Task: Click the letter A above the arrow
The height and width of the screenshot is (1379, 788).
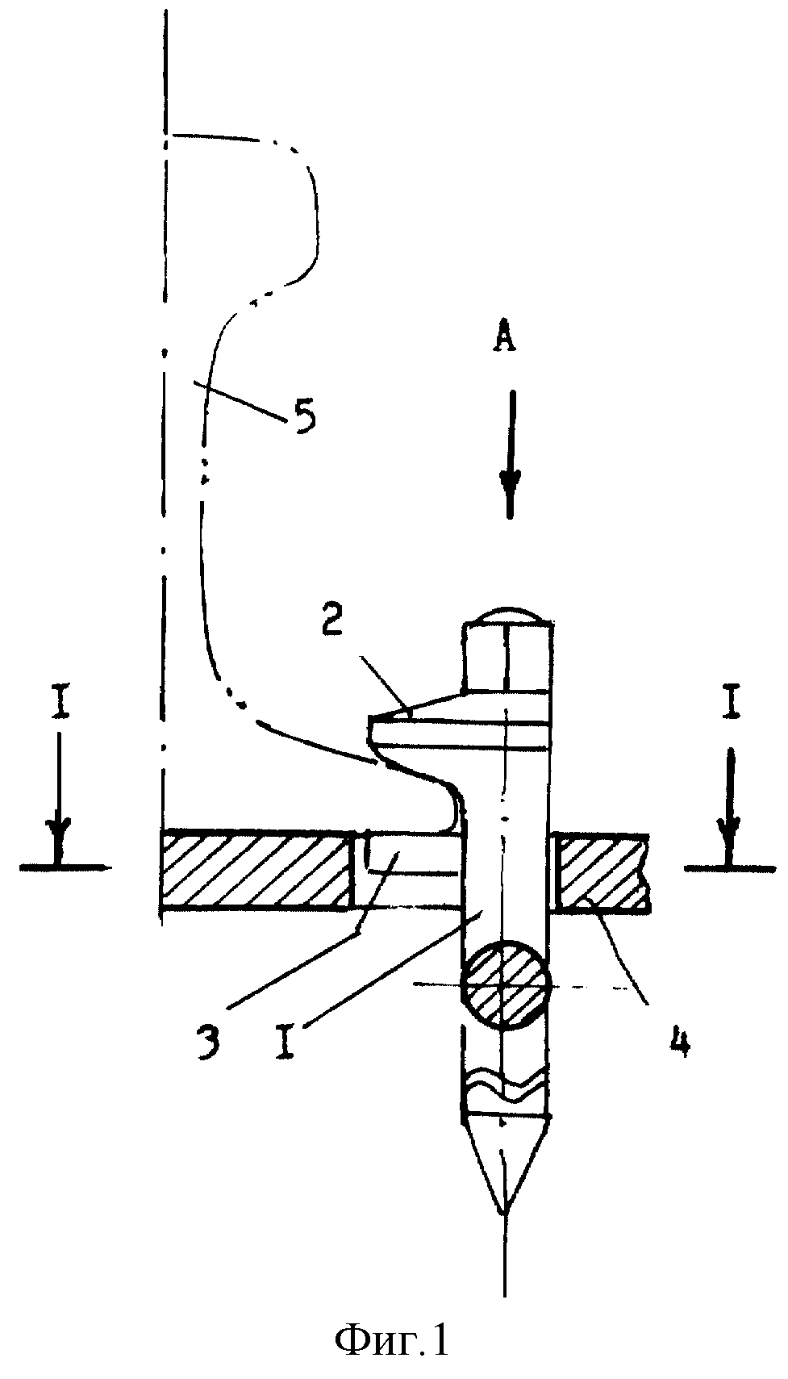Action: point(504,337)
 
